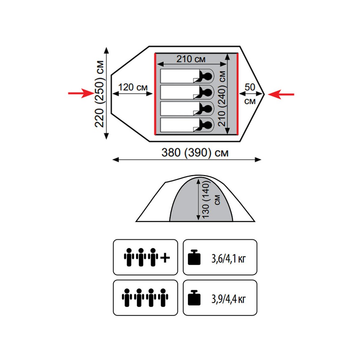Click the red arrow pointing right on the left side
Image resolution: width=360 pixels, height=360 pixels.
tap(81, 94)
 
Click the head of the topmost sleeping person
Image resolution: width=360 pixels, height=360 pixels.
tap(207, 76)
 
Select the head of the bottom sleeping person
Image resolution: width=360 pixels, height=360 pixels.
tap(207, 125)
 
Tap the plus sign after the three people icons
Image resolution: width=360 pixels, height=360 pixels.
tap(165, 257)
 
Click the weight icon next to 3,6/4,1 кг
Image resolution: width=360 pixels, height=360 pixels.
tap(195, 258)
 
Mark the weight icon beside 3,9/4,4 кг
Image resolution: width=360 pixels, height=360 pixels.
tap(195, 298)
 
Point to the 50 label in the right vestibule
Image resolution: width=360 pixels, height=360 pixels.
tap(249, 87)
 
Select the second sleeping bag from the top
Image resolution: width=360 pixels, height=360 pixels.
tap(184, 92)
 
